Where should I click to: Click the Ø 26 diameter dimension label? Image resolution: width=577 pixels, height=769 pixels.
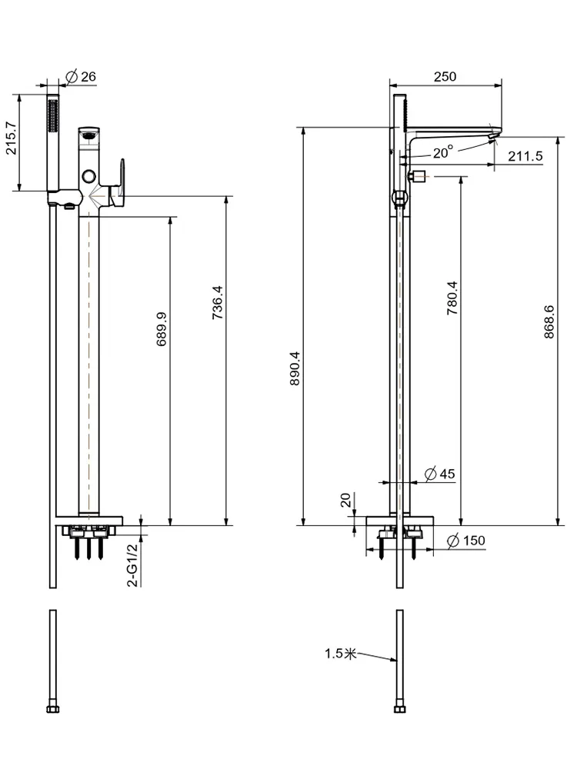coord(81,76)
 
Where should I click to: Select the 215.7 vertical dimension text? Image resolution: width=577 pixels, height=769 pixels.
coord(12,138)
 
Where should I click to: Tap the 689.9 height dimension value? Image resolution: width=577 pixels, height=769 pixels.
coord(162,329)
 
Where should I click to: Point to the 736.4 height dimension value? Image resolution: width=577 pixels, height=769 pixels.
coord(218,302)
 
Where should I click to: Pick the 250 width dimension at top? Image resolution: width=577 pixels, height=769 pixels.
coord(445,76)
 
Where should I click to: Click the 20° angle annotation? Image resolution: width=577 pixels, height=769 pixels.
coord(443,152)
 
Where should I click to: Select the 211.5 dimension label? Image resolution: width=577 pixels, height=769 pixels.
coord(525,156)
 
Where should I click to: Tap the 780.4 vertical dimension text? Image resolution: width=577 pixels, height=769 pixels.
coord(452,298)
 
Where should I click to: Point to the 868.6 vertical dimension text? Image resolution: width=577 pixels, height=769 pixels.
coord(549,321)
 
